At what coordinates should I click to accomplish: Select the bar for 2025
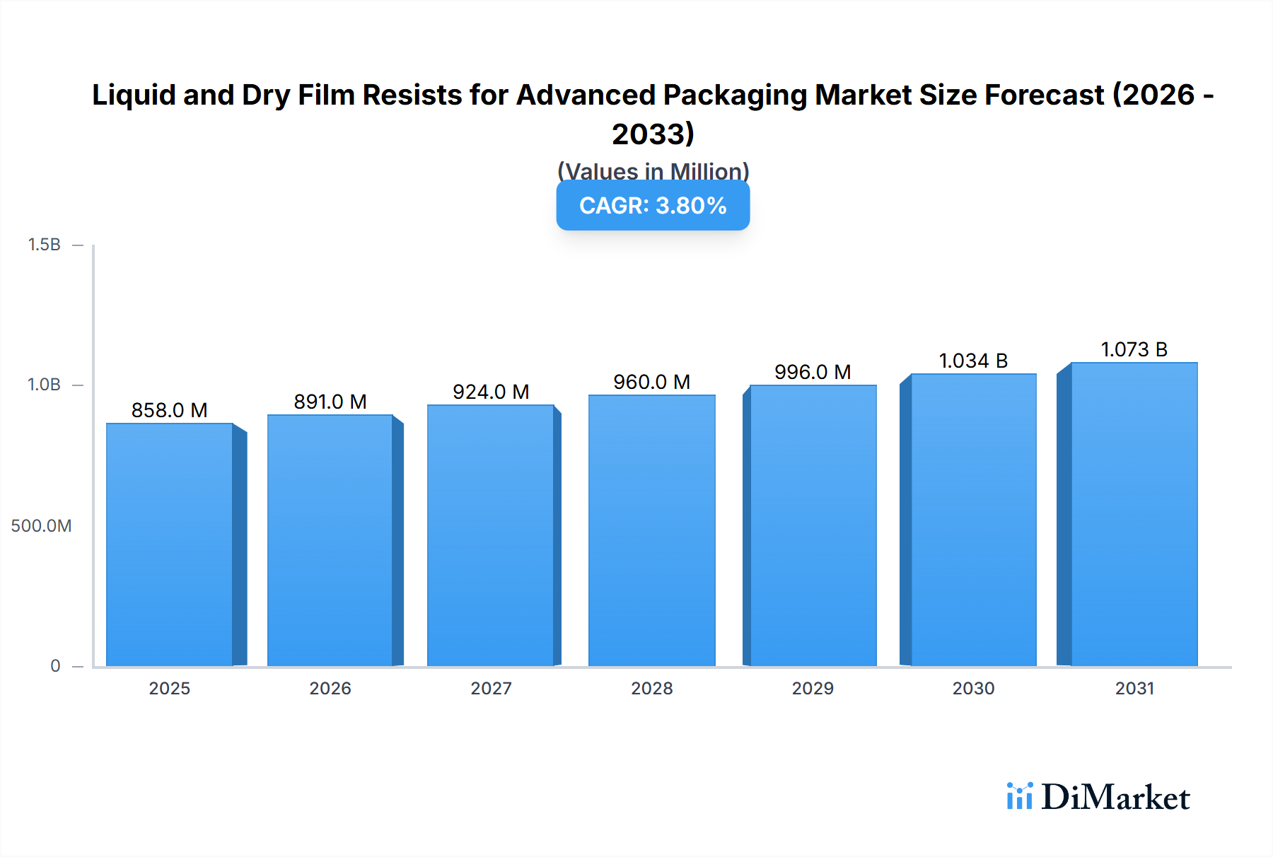(x=170, y=544)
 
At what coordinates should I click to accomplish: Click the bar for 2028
(x=651, y=530)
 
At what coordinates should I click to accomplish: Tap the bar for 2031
(x=1134, y=514)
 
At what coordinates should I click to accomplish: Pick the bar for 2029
(x=813, y=525)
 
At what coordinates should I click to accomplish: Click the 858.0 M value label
(x=170, y=410)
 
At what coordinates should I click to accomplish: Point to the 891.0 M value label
(x=330, y=402)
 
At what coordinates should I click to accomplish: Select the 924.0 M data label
(x=491, y=392)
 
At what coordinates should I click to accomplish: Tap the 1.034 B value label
(x=973, y=361)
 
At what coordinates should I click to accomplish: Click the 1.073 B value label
(x=1134, y=349)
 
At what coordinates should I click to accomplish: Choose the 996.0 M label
(x=813, y=372)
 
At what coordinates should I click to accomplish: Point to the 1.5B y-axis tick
(x=44, y=245)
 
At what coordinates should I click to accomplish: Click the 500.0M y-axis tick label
(x=41, y=525)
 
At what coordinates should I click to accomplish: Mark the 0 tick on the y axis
(x=55, y=665)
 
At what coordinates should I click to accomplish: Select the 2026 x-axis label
(x=330, y=688)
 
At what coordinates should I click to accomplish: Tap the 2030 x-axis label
(x=973, y=688)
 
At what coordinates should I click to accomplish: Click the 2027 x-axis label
(x=491, y=688)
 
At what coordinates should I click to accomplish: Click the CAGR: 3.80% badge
(x=653, y=206)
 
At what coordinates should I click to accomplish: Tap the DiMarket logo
(x=1098, y=797)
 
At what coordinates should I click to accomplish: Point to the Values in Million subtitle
(x=653, y=170)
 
